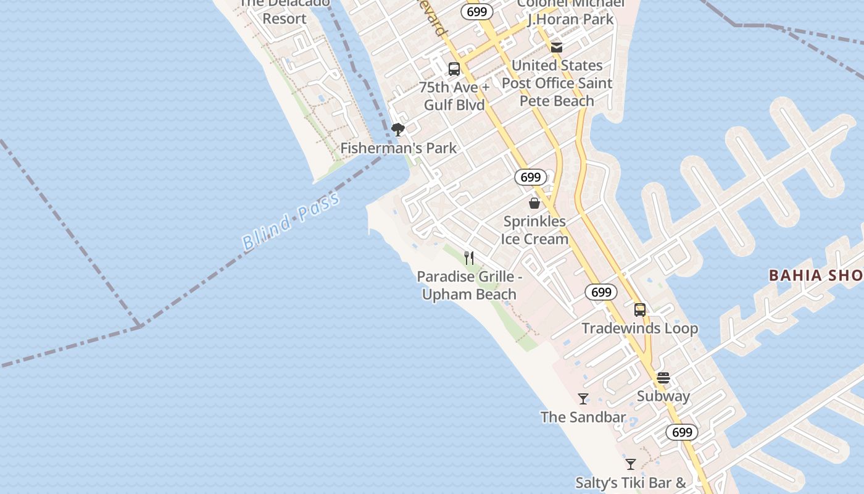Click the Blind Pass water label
pyautogui.click(x=291, y=220)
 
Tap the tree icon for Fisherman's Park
pyautogui.click(x=398, y=129)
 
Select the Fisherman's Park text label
pyautogui.click(x=399, y=148)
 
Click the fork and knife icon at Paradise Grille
pyautogui.click(x=470, y=257)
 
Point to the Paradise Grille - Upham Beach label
pyautogui.click(x=470, y=285)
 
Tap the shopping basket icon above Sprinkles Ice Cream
pyautogui.click(x=534, y=203)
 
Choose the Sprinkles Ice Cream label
pyautogui.click(x=534, y=230)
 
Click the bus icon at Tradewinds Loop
pyautogui.click(x=640, y=310)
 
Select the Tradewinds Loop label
pyautogui.click(x=640, y=329)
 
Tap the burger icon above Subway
pyautogui.click(x=663, y=378)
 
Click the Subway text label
pyautogui.click(x=663, y=396)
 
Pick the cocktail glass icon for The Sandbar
pyautogui.click(x=583, y=399)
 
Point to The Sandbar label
pyautogui.click(x=583, y=417)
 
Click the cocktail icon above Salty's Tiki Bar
pyautogui.click(x=630, y=464)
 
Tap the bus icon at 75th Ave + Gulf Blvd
pyautogui.click(x=454, y=69)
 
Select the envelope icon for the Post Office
pyautogui.click(x=557, y=48)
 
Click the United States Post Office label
pyautogui.click(x=557, y=83)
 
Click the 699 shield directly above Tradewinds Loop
pyautogui.click(x=601, y=292)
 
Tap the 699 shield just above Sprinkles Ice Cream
pyautogui.click(x=530, y=177)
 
